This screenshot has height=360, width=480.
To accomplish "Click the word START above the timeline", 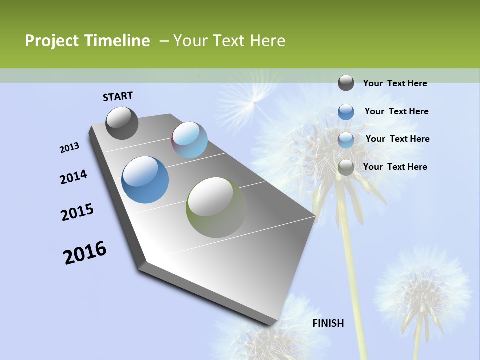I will tap(118, 96).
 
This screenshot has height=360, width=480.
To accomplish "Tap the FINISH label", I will tap(328, 323).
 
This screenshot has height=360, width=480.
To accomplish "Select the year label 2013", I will tap(70, 147).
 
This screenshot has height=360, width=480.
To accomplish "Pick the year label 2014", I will tap(74, 177).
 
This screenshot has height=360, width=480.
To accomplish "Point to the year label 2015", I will tap(77, 212).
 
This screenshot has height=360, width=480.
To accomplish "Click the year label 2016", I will tap(85, 253).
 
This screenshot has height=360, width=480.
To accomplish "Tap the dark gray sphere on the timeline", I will tap(122, 123).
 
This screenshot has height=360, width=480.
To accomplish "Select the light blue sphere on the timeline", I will tap(189, 140).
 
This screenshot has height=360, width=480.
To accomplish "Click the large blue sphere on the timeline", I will tap(145, 179).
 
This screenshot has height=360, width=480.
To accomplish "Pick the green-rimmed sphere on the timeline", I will tap(216, 207).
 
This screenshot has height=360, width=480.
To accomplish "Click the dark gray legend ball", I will tap(346, 83).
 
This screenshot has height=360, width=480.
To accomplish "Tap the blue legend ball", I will tap(346, 112).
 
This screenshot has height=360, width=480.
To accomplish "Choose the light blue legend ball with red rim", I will tap(346, 140).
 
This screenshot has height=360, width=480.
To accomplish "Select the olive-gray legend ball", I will tap(346, 168).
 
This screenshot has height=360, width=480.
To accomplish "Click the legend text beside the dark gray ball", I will tap(395, 83).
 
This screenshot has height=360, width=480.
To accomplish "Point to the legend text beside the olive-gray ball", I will tap(395, 167).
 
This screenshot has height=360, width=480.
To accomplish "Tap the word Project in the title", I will tap(52, 41).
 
